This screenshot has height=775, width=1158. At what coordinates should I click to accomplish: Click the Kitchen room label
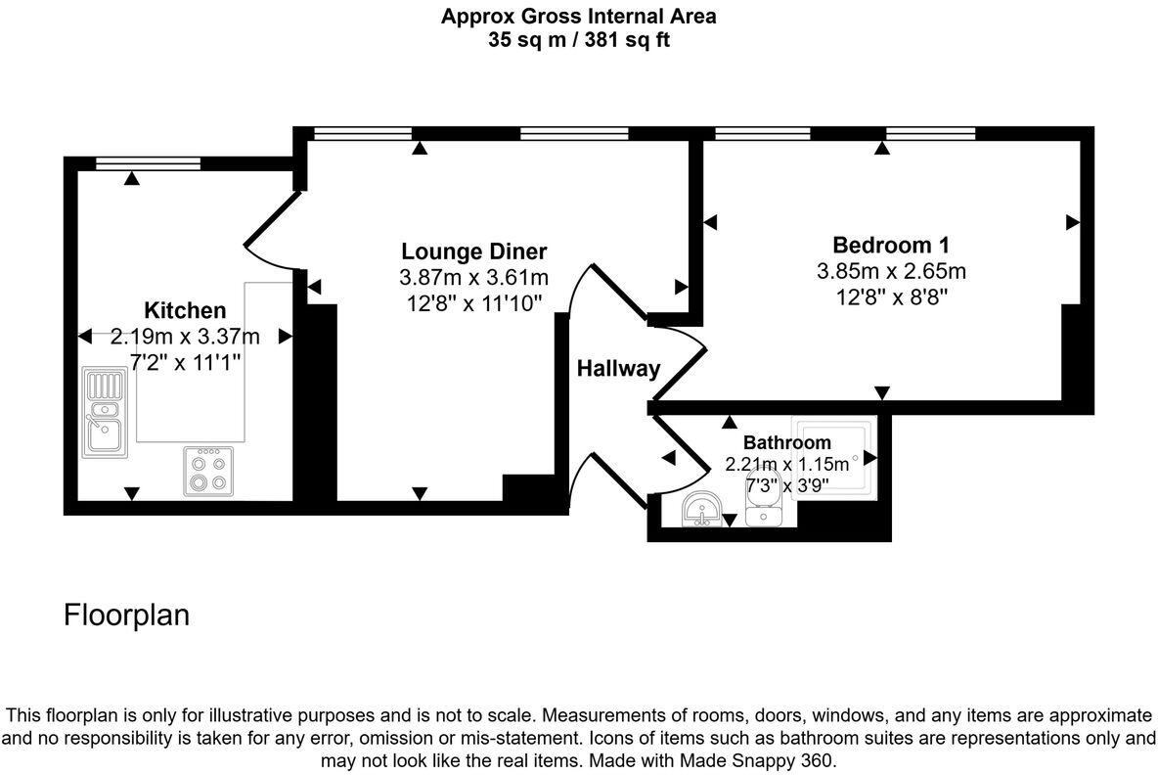tap(185, 311)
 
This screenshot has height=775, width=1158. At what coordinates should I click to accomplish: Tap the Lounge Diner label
tap(474, 251)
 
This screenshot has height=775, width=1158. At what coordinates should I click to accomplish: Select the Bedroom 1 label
tap(890, 245)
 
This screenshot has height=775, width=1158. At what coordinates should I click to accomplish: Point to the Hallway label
tap(618, 369)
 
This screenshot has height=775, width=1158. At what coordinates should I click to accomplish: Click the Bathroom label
tap(786, 442)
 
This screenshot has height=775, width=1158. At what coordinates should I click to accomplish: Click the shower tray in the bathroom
tap(833, 457)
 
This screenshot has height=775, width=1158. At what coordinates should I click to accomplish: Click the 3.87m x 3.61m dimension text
tap(474, 278)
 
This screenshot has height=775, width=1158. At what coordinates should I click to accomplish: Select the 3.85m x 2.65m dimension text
tap(890, 271)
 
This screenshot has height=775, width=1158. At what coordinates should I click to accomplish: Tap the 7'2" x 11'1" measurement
tap(185, 362)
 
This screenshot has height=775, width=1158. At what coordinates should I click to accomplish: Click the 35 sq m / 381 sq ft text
tap(578, 40)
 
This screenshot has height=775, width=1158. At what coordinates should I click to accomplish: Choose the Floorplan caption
tap(126, 615)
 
